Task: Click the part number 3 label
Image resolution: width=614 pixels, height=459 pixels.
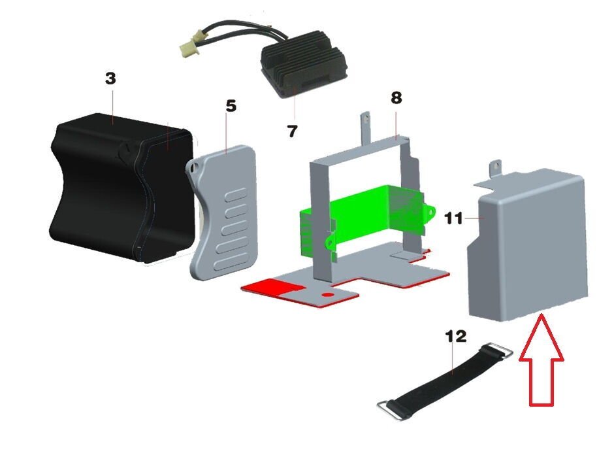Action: (111, 78)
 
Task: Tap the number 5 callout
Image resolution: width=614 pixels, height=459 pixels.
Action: (231, 106)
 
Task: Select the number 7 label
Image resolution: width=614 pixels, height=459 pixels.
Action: (292, 131)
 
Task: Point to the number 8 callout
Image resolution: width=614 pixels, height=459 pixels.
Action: (396, 97)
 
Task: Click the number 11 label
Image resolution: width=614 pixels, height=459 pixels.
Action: (454, 218)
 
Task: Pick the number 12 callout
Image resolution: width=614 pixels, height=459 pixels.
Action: (456, 336)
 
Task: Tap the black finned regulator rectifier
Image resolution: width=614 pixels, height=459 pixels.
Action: (304, 70)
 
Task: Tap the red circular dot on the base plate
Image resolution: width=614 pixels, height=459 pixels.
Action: (328, 294)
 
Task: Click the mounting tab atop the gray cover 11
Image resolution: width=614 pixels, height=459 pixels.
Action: (495, 168)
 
